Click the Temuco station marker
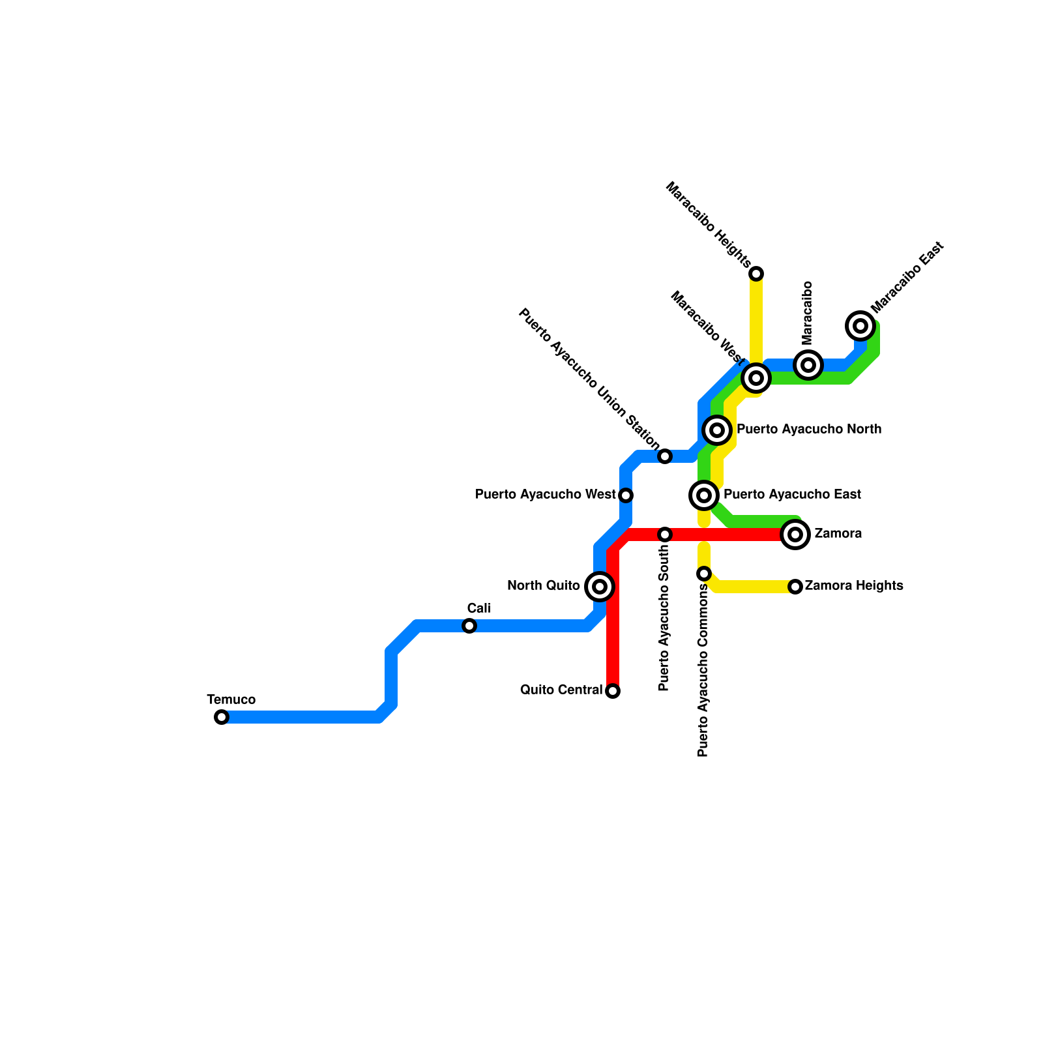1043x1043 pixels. click(222, 717)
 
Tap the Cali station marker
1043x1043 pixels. click(469, 626)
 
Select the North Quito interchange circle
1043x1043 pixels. click(600, 587)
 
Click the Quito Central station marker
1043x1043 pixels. click(613, 691)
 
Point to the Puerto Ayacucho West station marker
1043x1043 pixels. click(626, 495)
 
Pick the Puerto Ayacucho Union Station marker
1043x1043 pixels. click(665, 456)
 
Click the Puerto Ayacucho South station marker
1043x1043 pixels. click(665, 535)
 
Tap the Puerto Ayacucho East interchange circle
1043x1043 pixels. click(704, 495)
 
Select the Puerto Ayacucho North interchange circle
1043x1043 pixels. click(717, 430)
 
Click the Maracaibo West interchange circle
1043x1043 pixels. click(756, 378)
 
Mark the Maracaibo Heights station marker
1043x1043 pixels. click(756, 274)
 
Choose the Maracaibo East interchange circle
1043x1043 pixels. click(860, 326)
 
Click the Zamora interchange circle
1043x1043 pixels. click(795, 535)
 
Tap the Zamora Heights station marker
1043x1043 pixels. click(795, 587)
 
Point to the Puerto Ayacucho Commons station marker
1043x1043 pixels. click(704, 574)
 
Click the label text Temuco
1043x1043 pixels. click(231, 700)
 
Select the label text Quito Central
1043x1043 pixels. click(561, 690)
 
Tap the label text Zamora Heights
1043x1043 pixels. click(854, 586)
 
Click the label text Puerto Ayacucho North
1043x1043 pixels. click(809, 430)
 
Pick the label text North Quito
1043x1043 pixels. click(544, 586)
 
